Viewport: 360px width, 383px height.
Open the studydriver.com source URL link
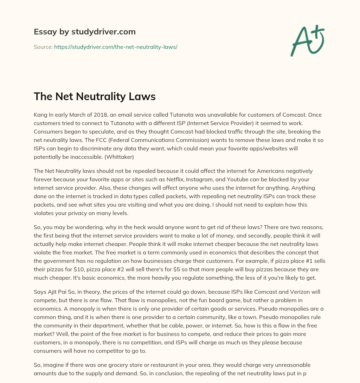(x=115, y=47)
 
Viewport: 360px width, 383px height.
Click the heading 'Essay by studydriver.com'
(x=84, y=32)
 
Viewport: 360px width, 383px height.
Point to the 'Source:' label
(x=43, y=47)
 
